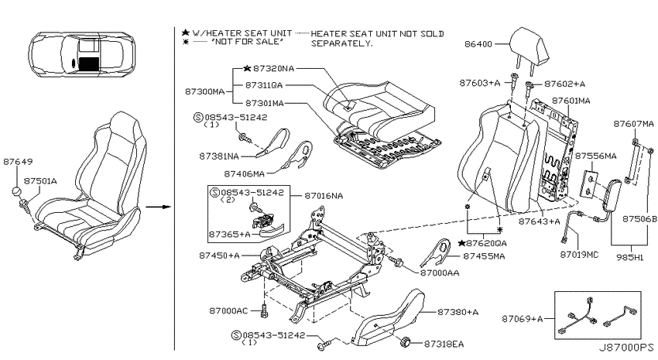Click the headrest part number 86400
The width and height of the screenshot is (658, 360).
tap(478, 44)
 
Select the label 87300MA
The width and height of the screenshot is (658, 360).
tap(205, 91)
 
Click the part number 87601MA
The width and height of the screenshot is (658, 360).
tap(571, 101)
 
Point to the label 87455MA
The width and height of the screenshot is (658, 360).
tap(484, 256)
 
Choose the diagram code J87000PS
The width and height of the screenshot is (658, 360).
tap(625, 348)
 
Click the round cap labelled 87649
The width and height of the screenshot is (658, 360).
tap(16, 191)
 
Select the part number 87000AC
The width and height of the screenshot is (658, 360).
tap(228, 311)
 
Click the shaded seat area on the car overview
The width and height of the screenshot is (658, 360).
tap(88, 63)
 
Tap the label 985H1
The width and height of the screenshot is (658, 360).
tap(629, 258)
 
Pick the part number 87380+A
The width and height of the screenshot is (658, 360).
tap(458, 312)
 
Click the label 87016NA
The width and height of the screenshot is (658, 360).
tap(324, 196)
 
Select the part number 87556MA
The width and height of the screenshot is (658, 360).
tap(595, 156)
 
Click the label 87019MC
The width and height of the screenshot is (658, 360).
tap(579, 255)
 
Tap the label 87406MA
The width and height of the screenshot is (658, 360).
tap(244, 173)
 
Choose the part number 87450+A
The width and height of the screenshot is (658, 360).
tap(219, 255)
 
